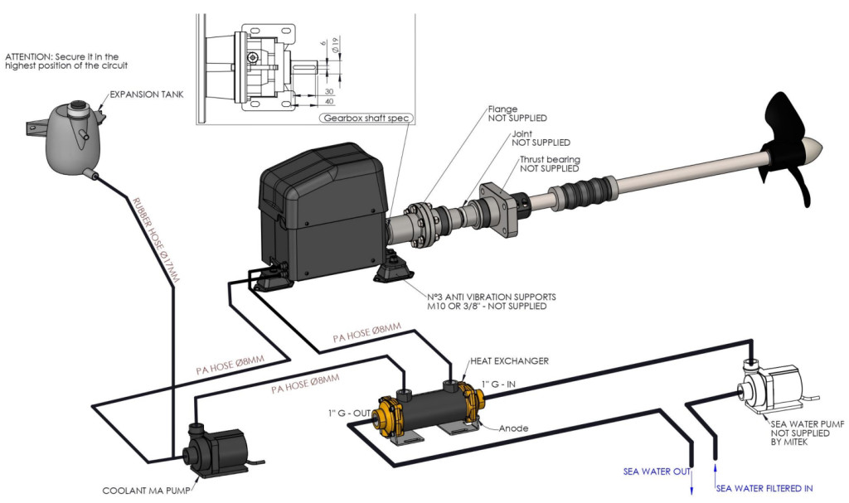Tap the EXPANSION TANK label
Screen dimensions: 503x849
146,94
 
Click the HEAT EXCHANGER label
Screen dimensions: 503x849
510,360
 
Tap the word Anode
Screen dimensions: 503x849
513,428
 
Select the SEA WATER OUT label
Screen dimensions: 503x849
657,472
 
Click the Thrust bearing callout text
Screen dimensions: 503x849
550,163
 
